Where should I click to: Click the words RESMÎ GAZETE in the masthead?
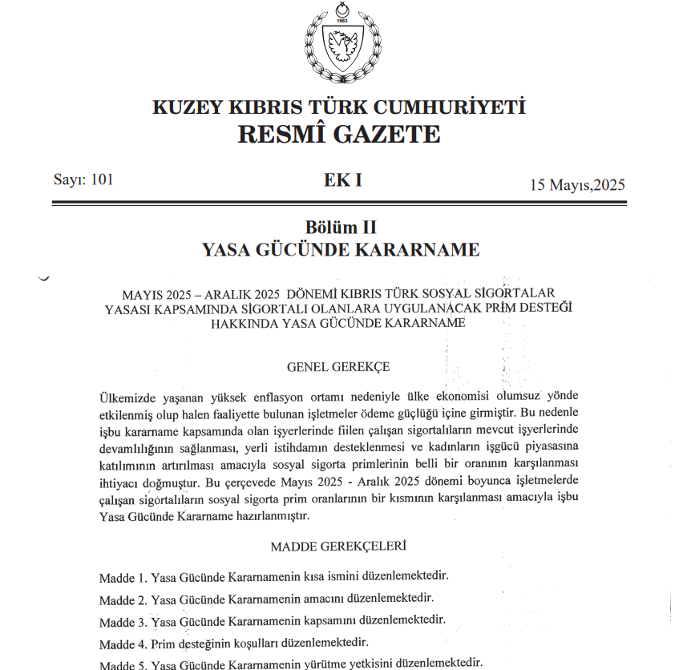(339, 134)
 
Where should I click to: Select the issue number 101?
(103, 180)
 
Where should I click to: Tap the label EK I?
(342, 180)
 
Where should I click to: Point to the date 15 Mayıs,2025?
(577, 185)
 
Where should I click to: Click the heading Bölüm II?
(341, 228)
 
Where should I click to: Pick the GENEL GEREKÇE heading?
(338, 367)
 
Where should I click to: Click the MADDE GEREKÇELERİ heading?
(338, 547)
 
